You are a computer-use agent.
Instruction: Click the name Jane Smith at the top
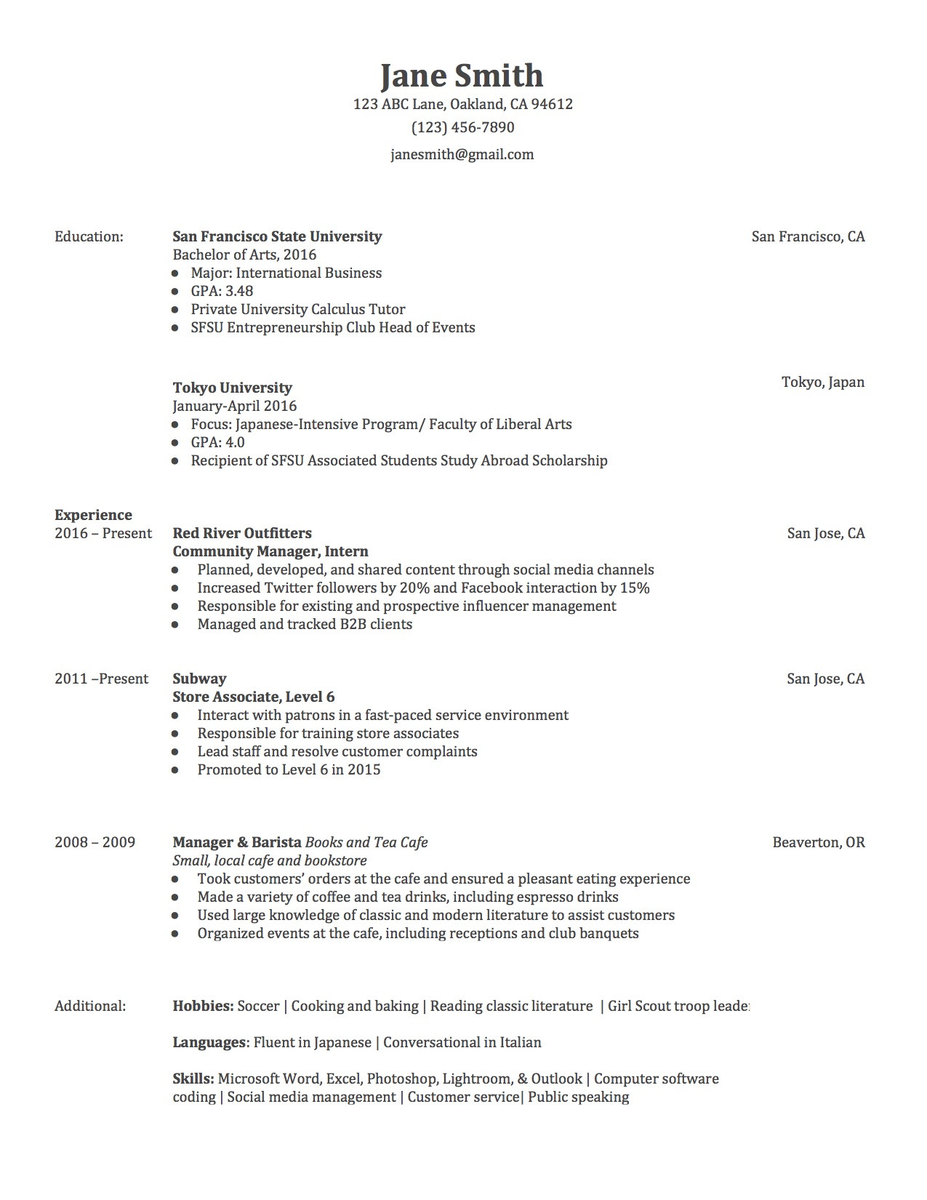point(462,76)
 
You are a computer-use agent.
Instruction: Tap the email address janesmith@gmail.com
point(462,154)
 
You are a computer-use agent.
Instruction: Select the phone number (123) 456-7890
point(462,127)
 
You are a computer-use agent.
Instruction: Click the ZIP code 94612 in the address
point(552,104)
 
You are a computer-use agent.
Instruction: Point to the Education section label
point(89,236)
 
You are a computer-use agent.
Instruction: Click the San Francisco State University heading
point(277,236)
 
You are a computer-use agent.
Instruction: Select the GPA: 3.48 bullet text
point(222,291)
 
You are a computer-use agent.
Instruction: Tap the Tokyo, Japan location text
point(822,382)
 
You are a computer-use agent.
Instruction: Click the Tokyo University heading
point(232,388)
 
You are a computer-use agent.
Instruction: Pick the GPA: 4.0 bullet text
point(217,442)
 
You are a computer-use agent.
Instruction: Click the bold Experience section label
point(93,515)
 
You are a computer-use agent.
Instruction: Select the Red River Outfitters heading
point(242,533)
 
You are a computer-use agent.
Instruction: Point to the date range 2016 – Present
point(103,533)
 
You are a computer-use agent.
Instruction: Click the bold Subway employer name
point(199,679)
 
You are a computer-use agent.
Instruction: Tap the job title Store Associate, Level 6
point(253,697)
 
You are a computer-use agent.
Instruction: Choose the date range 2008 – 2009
point(95,842)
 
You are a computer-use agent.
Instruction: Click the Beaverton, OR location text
point(818,842)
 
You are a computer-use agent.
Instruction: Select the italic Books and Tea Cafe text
point(366,842)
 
